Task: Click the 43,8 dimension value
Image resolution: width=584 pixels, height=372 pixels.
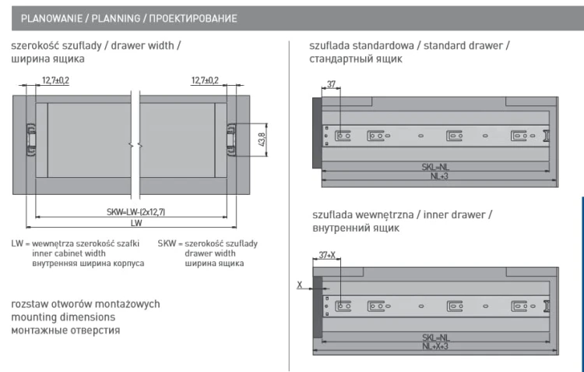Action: coord(262,140)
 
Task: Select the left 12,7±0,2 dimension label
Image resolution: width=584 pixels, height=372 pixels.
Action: coord(55,80)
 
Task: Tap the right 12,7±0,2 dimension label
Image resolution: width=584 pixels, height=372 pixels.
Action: coord(205,80)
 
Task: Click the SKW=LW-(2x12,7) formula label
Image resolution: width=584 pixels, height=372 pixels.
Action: coord(136,212)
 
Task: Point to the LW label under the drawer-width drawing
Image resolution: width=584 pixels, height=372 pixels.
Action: coord(136,223)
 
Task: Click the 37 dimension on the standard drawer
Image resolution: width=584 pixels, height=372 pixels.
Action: coord(331,84)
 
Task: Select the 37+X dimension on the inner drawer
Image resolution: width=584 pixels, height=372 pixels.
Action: coord(327,255)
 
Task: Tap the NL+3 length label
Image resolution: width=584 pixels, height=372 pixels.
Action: coord(439,176)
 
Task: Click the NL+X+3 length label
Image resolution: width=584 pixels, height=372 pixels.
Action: coord(435,346)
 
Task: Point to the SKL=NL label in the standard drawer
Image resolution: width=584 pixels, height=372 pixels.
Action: coord(435,167)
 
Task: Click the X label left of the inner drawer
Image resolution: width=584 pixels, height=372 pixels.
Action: coord(300,285)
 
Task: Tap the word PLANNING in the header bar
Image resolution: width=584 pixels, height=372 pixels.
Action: coord(116,18)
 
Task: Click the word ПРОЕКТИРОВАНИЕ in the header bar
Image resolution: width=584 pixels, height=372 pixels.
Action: coord(193,18)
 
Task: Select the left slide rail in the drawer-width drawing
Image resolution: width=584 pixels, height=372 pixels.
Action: coord(31,139)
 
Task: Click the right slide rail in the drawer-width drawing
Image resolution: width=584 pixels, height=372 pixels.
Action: coord(231,139)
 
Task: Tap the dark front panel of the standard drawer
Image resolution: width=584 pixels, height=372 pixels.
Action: coord(317,133)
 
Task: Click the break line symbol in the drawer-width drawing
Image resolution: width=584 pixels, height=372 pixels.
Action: coord(135,145)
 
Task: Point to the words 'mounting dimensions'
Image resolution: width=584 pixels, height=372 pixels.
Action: coord(63,317)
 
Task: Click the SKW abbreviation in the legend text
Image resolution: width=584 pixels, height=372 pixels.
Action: coord(167,243)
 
